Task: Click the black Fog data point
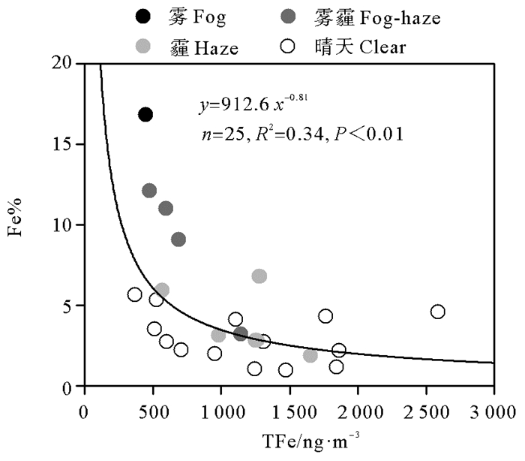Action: click(145, 114)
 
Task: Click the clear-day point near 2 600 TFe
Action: click(438, 312)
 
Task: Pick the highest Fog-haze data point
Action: click(149, 191)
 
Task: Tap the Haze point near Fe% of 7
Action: click(259, 276)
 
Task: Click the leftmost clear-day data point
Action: click(135, 294)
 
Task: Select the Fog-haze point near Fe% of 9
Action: click(178, 240)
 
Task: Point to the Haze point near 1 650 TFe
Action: click(310, 355)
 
